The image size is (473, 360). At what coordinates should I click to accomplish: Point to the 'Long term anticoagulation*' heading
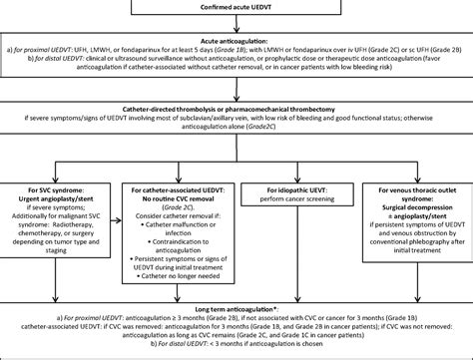click(236, 312)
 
